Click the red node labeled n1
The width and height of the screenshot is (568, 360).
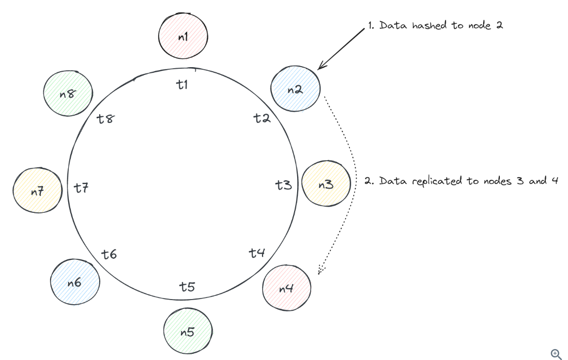pos(183,37)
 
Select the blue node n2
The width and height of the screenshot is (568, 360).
pos(295,89)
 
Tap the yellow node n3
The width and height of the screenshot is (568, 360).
pos(326,184)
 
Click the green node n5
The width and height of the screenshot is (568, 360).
pos(188,332)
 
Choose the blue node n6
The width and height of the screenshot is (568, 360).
pos(74,283)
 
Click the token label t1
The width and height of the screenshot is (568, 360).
pos(181,85)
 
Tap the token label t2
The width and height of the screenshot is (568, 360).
pos(262,118)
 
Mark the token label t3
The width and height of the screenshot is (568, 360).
pos(283,184)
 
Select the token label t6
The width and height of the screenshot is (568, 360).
pos(109,254)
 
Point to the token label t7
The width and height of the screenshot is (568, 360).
pos(81,188)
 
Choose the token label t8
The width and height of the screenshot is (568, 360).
pos(105,119)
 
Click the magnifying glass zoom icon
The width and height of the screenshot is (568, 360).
pos(556,354)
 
